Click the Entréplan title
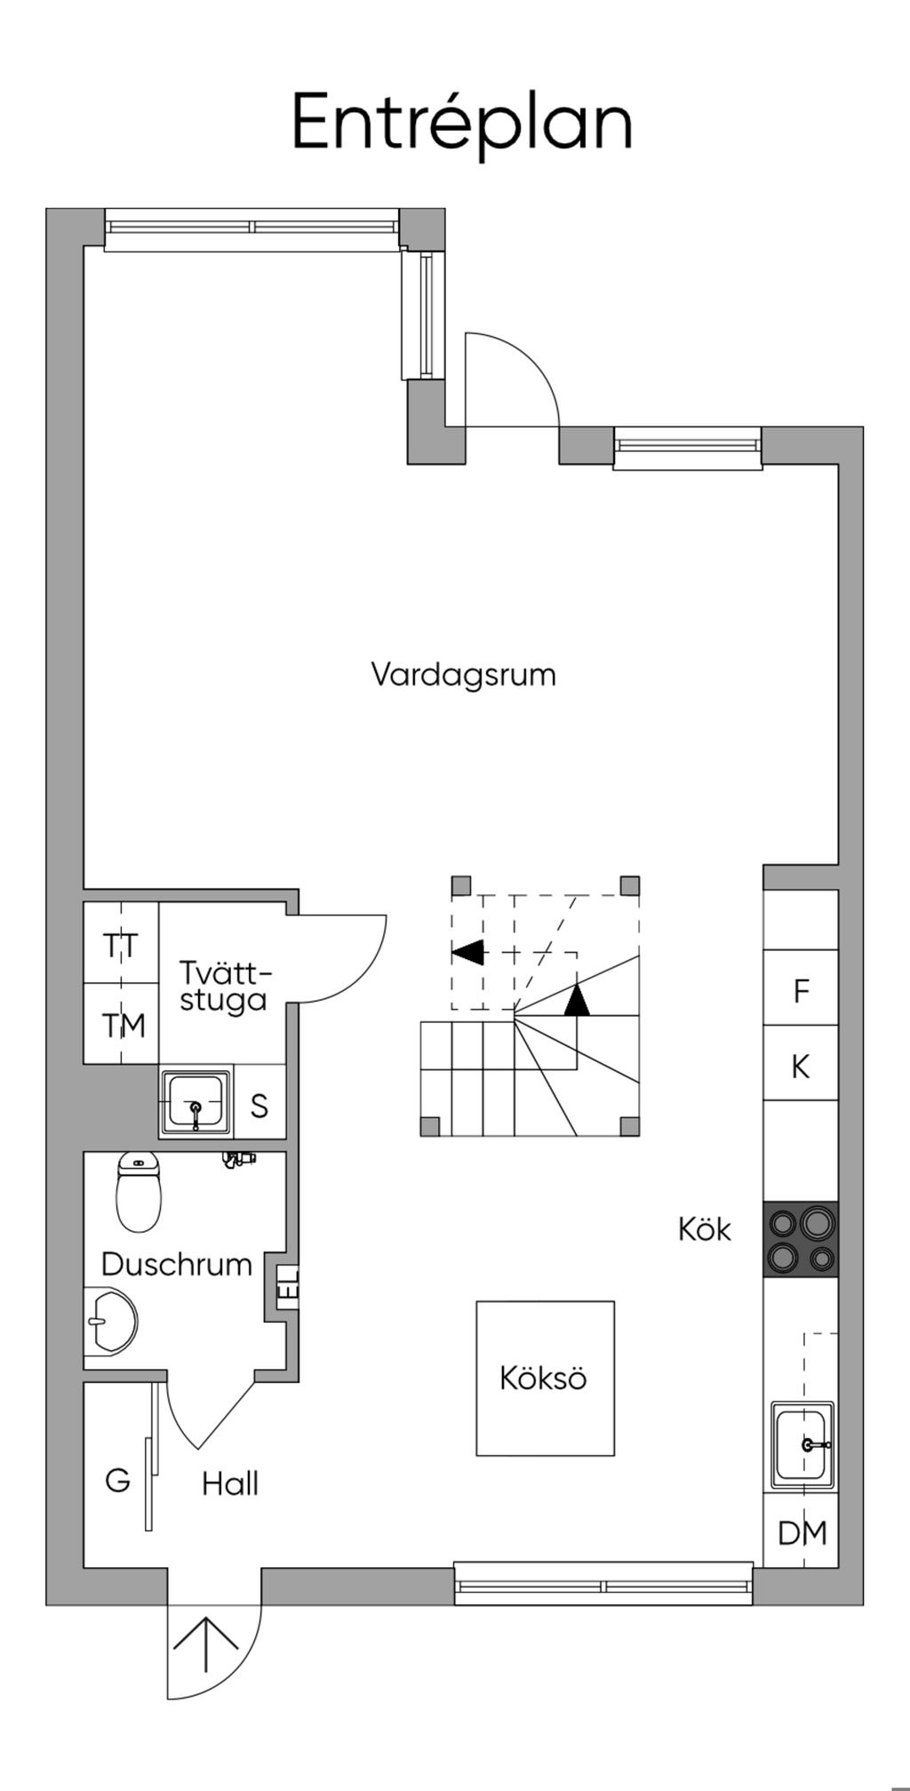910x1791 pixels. point(462,123)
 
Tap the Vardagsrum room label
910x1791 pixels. point(463,675)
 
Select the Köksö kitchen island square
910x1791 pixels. point(545,1379)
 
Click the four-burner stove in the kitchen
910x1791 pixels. point(801,1240)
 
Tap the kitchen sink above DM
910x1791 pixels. point(802,1444)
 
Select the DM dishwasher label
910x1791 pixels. point(802,1533)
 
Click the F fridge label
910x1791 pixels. point(802,991)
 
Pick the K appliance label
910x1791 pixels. point(801,1067)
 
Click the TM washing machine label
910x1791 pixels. point(123,1027)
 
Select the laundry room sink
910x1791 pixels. point(196,1103)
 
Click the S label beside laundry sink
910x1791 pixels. point(259,1107)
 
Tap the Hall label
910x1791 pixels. point(230,1483)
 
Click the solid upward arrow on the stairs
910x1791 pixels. point(578,999)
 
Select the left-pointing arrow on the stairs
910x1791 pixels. point(468,952)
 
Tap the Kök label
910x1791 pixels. point(704,1229)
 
